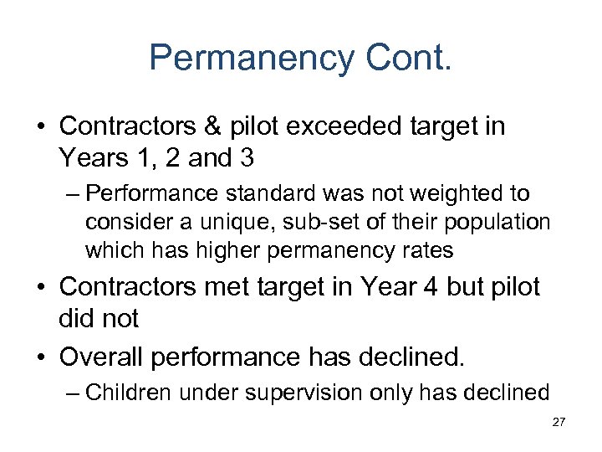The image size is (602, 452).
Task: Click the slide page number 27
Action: [x=559, y=424]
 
